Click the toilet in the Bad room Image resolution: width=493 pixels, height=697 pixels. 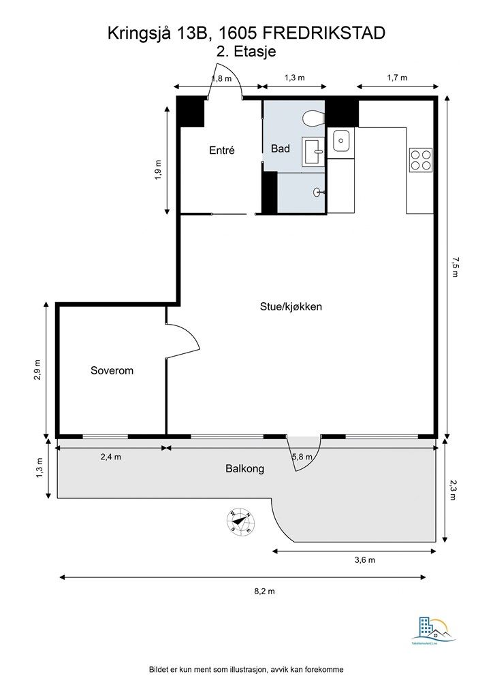(x=313, y=118)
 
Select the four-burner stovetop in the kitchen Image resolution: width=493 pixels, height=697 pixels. (x=420, y=159)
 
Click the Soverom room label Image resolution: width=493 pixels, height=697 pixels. (x=112, y=371)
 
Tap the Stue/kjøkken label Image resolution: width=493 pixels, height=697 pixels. (x=291, y=306)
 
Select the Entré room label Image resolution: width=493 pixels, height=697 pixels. (x=221, y=150)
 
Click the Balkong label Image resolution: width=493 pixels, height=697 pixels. (x=244, y=469)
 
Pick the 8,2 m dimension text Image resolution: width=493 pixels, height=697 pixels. (x=264, y=591)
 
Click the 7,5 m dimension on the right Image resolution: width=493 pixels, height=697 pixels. (x=456, y=266)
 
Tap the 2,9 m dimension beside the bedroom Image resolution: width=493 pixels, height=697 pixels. (x=38, y=371)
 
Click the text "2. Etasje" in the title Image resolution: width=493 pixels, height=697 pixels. (x=245, y=50)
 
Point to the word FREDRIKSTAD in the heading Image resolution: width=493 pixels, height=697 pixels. (x=323, y=32)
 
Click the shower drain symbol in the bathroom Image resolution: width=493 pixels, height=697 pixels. (x=317, y=193)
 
